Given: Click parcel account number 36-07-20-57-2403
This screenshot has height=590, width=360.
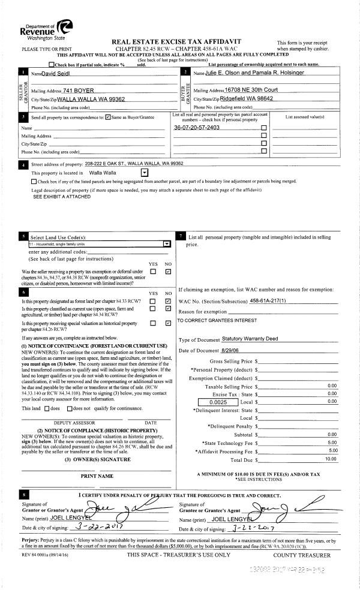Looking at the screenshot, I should point(196,128).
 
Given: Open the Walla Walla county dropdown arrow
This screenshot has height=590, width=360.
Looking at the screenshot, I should point(152,172).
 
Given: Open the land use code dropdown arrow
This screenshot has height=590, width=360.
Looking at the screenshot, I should point(166,244).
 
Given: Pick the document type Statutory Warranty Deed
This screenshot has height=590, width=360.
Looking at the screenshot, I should point(250,339).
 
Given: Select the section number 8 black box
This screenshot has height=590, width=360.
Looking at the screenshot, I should point(23,495).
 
